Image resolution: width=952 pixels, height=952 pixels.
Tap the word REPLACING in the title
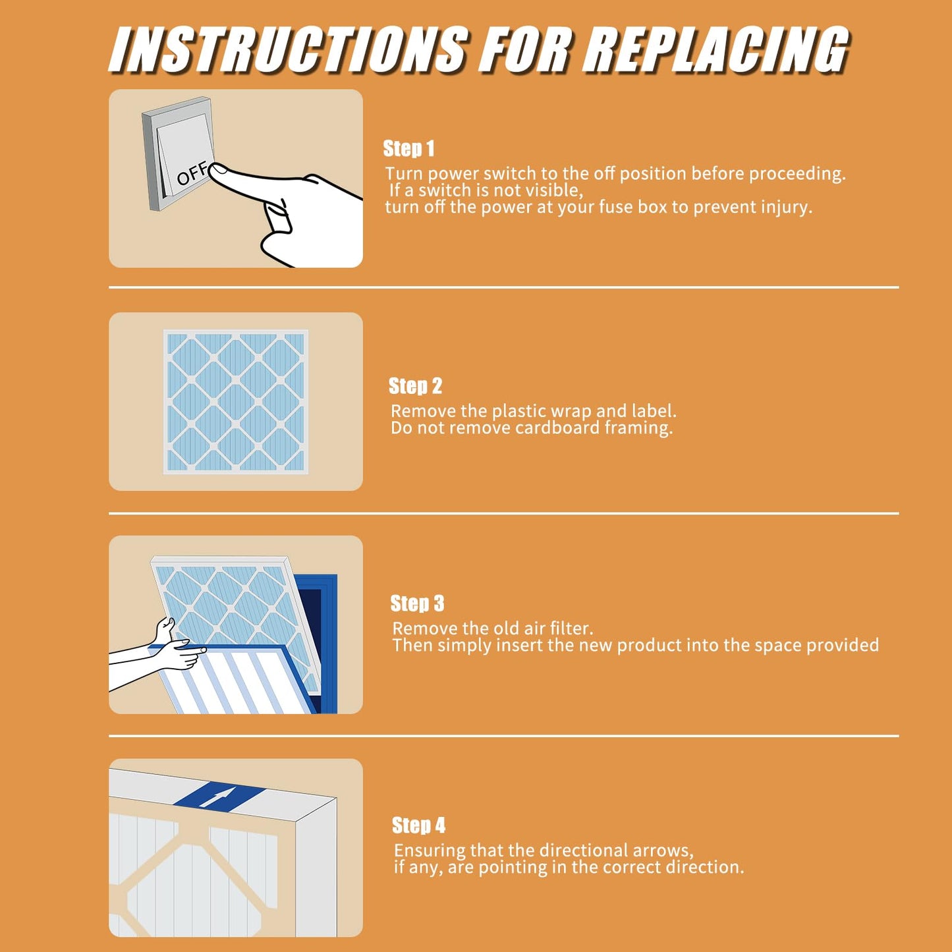point(717,50)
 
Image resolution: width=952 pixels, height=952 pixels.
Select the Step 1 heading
point(408,149)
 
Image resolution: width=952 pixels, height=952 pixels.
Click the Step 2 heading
point(415,386)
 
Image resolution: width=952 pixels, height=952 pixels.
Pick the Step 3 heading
point(417,603)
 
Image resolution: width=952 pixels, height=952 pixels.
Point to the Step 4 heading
point(418,826)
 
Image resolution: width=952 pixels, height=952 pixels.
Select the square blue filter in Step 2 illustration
point(236,402)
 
